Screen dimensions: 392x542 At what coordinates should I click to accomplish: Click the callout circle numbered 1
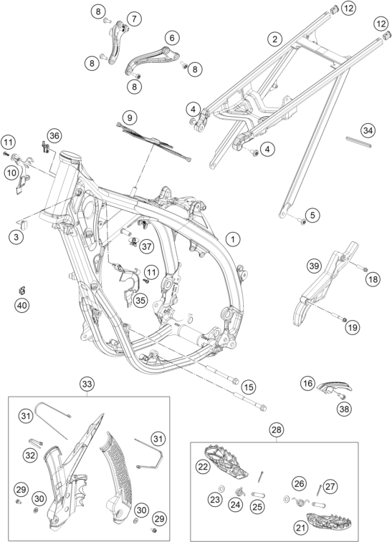233,239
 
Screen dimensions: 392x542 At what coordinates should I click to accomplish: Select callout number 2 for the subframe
274,39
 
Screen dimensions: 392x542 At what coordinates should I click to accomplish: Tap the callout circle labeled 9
130,118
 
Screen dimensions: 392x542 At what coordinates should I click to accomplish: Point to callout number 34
368,130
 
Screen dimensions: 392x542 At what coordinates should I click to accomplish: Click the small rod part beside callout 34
359,142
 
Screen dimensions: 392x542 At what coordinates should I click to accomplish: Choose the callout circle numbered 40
22,305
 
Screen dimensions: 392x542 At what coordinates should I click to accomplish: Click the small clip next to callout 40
21,290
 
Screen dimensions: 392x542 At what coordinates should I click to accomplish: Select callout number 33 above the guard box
87,384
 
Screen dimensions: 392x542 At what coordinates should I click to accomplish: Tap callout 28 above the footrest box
277,430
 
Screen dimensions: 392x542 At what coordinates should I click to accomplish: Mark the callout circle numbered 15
249,387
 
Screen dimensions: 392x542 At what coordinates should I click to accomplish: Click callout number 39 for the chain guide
314,266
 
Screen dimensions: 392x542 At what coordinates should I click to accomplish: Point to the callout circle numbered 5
312,216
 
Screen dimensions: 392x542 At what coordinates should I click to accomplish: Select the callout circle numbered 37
147,246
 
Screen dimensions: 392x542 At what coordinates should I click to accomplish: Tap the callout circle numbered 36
54,136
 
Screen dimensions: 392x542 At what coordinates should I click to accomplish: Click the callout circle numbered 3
16,237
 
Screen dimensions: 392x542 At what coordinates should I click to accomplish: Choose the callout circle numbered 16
308,383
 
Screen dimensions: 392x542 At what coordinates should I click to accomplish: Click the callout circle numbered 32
30,455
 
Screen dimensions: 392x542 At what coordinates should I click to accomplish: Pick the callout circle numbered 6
172,38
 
